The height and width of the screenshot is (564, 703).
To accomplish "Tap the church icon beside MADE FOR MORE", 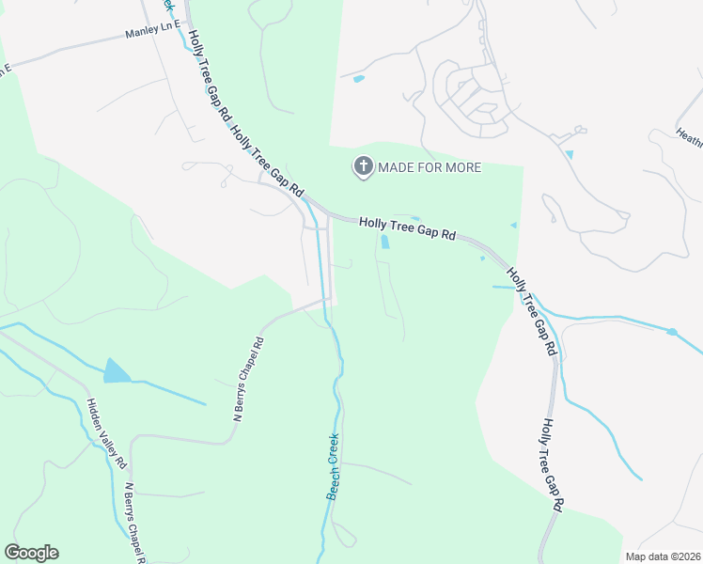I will [362, 167].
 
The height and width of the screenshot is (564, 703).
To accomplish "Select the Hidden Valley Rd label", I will [106, 433].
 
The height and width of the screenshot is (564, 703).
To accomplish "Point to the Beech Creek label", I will [333, 465].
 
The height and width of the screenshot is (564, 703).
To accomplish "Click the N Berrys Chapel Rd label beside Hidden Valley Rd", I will [134, 523].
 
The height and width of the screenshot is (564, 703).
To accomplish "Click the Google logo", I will [31, 553].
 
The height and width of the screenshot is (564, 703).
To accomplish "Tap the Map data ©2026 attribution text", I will [663, 556].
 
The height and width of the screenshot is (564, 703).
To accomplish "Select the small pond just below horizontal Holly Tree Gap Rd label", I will [385, 243].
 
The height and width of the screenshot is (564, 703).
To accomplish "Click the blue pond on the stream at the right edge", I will [672, 332].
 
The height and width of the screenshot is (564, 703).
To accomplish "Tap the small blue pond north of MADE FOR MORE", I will [358, 79].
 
